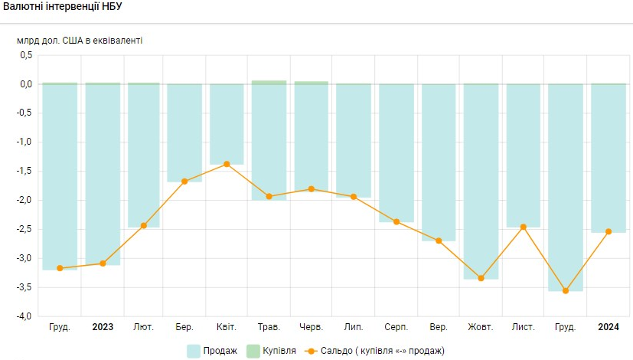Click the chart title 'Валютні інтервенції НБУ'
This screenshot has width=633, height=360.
63,7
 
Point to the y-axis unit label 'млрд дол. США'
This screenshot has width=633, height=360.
80,40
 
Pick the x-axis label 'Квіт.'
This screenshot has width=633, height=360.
226,327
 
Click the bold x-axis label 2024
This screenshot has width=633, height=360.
609,327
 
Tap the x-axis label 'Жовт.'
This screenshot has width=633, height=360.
481,327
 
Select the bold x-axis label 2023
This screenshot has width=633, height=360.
103,327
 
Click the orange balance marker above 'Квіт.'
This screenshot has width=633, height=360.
227,164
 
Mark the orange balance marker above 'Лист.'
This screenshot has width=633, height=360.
524,227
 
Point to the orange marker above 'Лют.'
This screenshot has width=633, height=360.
143,225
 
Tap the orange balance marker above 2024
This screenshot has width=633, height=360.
609,231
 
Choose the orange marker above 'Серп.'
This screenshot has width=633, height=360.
396,222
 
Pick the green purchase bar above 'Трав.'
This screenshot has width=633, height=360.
269,82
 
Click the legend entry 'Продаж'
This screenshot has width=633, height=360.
212,351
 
